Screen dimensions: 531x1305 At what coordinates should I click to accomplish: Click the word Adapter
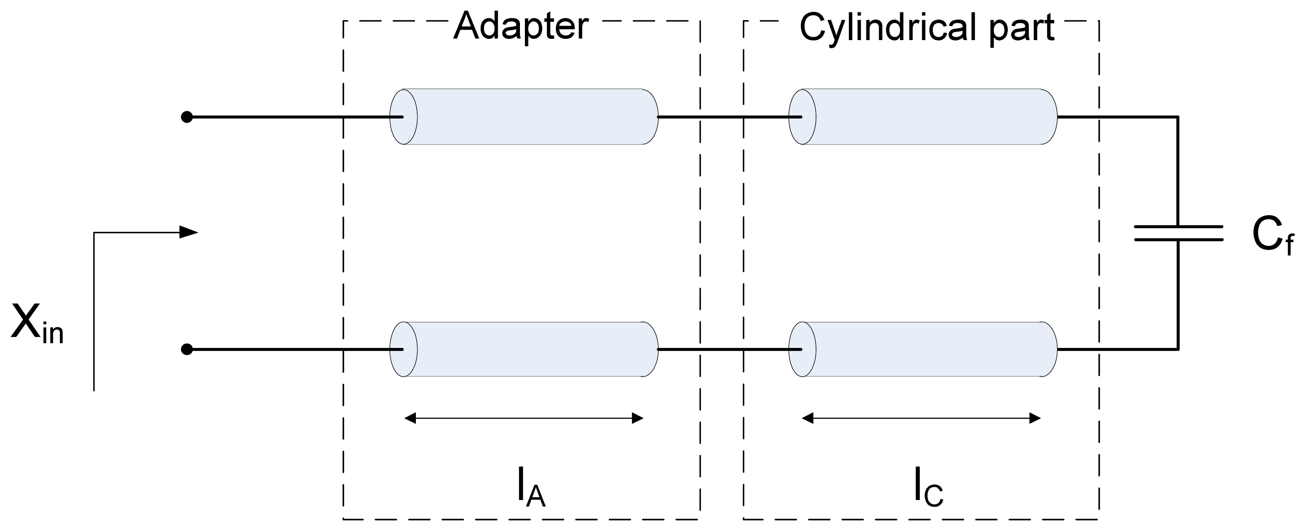[521, 26]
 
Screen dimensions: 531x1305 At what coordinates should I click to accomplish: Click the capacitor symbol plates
[1178, 233]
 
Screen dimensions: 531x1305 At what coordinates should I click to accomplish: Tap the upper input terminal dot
[187, 117]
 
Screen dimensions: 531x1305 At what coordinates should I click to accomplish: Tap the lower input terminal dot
[187, 349]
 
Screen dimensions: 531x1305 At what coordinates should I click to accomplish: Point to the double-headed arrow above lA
[524, 418]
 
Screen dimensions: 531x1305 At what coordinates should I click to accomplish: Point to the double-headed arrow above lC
[921, 418]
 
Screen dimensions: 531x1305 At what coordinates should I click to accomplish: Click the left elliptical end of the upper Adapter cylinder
[403, 117]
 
